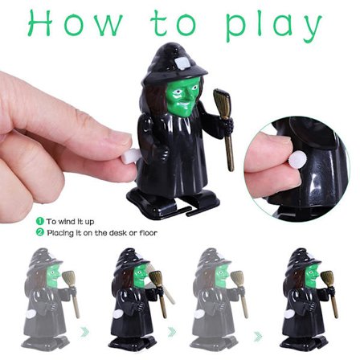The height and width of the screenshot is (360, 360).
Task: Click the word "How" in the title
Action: coord(75,23)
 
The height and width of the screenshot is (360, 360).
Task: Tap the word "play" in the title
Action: coord(273,26)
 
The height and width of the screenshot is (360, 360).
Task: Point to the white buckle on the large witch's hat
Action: coord(182,64)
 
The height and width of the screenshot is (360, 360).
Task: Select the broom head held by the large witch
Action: coord(222,104)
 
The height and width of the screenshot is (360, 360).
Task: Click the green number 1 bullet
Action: coord(39,221)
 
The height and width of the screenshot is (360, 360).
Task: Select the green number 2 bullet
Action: coord(39,232)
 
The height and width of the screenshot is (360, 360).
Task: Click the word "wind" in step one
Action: coord(64,222)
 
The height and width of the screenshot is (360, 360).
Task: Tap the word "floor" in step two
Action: coord(148,232)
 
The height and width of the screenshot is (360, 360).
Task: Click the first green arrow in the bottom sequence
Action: coord(85,332)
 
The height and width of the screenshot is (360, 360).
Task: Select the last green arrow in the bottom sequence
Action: coord(258,337)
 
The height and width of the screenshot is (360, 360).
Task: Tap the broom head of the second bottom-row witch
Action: coord(156,279)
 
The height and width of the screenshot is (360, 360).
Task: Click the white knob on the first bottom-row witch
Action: coord(31,313)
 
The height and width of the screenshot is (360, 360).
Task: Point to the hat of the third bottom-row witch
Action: coord(213,260)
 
